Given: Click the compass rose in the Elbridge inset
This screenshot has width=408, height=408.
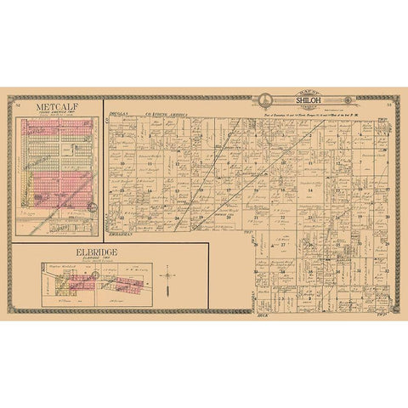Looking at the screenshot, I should point(169,275).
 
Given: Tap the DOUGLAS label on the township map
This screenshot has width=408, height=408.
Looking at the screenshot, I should point(120,112).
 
